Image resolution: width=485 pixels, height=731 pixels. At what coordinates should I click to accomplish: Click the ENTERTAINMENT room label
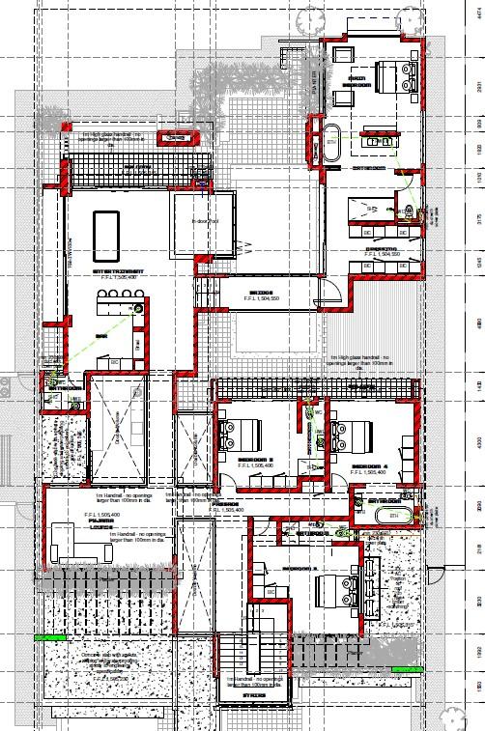[x=119, y=272]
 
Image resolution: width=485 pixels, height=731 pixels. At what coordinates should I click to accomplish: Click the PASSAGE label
[x=227, y=503]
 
